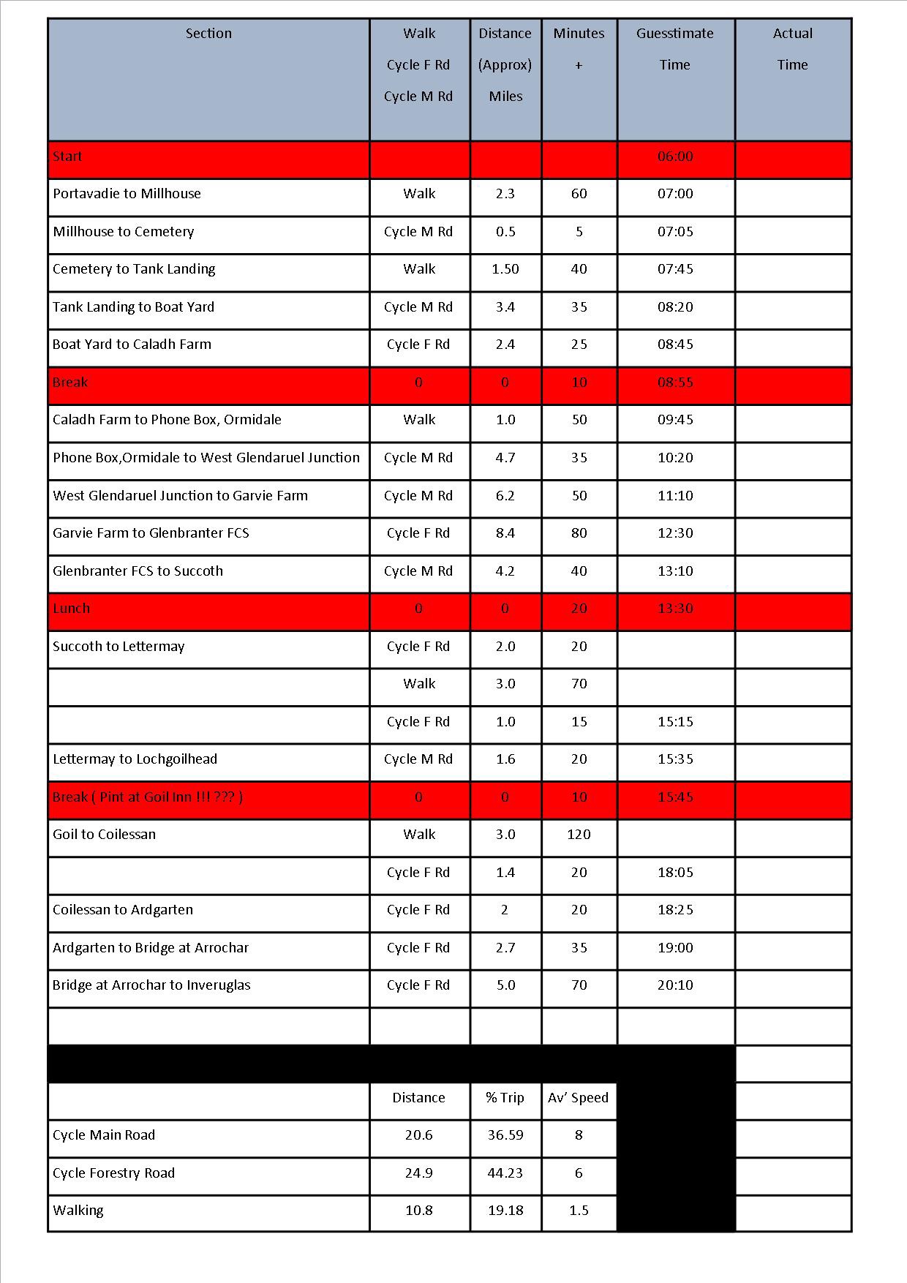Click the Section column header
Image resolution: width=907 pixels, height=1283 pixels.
pos(208,34)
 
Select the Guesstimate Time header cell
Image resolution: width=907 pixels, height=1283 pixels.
pos(674,49)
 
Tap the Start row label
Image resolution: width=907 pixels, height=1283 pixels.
pos(67,157)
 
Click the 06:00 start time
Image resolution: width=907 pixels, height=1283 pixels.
pos(675,157)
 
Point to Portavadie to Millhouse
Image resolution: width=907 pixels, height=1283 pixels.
pos(127,194)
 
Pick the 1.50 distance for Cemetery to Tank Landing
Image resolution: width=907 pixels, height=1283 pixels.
pos(505,269)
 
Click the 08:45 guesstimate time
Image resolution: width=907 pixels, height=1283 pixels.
pos(675,345)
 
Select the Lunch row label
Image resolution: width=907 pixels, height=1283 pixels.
pos(71,609)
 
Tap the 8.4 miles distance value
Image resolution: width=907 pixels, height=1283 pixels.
pos(505,533)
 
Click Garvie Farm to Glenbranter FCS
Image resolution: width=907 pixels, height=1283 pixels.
pos(151,533)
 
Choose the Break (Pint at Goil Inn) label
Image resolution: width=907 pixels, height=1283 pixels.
pos(148,797)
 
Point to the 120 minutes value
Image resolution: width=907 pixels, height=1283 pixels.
pos(579,835)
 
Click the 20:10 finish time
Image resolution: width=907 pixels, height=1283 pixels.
pos(675,985)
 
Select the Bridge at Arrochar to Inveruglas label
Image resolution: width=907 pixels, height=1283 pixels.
pos(151,985)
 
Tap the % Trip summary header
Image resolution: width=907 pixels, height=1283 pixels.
pos(505,1098)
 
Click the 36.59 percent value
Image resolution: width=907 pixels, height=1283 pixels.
pos(505,1135)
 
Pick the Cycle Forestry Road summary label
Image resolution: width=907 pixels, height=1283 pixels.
pos(113,1173)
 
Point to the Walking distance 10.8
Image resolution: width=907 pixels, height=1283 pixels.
pos(419,1211)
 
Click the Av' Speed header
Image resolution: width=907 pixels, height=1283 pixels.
pos(578,1098)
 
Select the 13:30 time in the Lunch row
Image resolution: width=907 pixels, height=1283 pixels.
pos(675,609)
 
